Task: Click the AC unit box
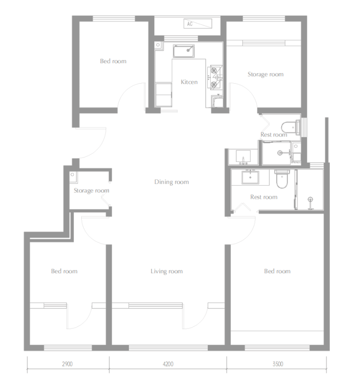coord(198,23)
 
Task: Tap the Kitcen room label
coord(189,82)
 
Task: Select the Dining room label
coord(172,182)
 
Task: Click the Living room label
coord(166,271)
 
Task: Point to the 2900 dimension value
coord(67,364)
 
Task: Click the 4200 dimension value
coord(168,364)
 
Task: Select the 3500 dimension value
coord(278,364)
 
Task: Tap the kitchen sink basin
coord(184,51)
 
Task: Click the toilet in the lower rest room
coord(282,179)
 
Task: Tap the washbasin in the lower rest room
coord(250,177)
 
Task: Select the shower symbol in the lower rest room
coord(310,203)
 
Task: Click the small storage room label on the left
coord(91,191)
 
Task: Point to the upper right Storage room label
coord(266,74)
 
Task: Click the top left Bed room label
coord(113,61)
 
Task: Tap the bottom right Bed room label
coord(277,271)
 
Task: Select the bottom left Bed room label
coord(64,271)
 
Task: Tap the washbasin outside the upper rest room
coord(243,157)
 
